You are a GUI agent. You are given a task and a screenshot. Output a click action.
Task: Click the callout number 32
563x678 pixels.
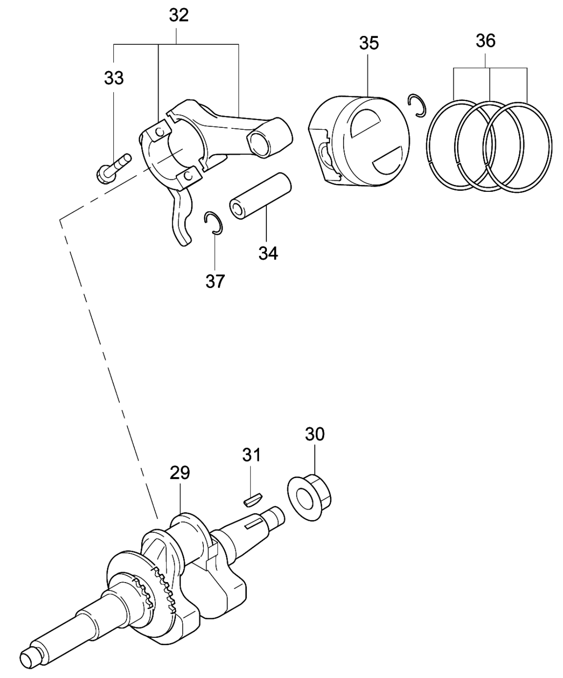click(179, 16)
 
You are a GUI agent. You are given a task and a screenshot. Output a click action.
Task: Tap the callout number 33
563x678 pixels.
click(114, 78)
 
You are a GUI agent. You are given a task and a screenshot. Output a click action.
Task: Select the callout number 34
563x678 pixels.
click(269, 253)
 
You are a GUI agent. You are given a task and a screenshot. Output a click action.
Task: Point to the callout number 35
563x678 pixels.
click(369, 43)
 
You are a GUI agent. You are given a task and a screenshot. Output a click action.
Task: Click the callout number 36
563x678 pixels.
click(486, 41)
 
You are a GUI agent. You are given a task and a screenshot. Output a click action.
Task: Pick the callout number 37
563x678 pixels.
click(215, 281)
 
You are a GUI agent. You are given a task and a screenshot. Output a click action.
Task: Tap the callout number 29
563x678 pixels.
click(180, 473)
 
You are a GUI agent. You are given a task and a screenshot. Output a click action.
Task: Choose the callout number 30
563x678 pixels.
click(315, 434)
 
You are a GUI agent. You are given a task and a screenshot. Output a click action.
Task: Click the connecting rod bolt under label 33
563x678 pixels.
click(113, 169)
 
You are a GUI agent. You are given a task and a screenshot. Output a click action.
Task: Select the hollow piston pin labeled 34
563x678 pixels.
click(260, 196)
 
